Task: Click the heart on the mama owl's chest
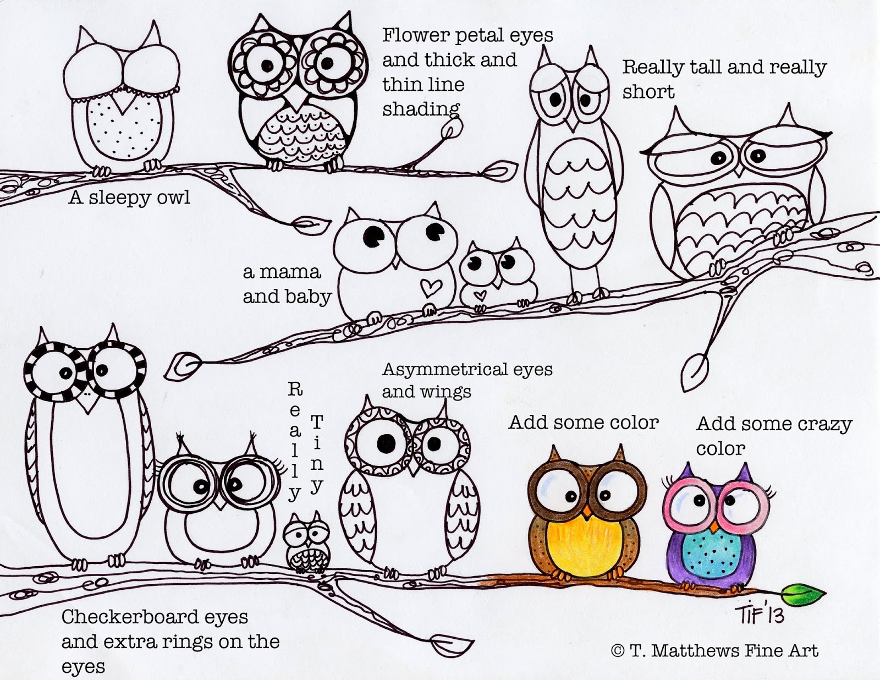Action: pyautogui.click(x=430, y=287)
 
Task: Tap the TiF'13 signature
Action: pyautogui.click(x=760, y=612)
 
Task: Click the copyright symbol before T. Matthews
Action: pyautogui.click(x=618, y=650)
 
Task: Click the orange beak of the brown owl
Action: pyautogui.click(x=587, y=512)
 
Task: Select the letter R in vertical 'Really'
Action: pyautogui.click(x=295, y=390)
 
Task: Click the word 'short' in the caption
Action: pyautogui.click(x=648, y=91)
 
